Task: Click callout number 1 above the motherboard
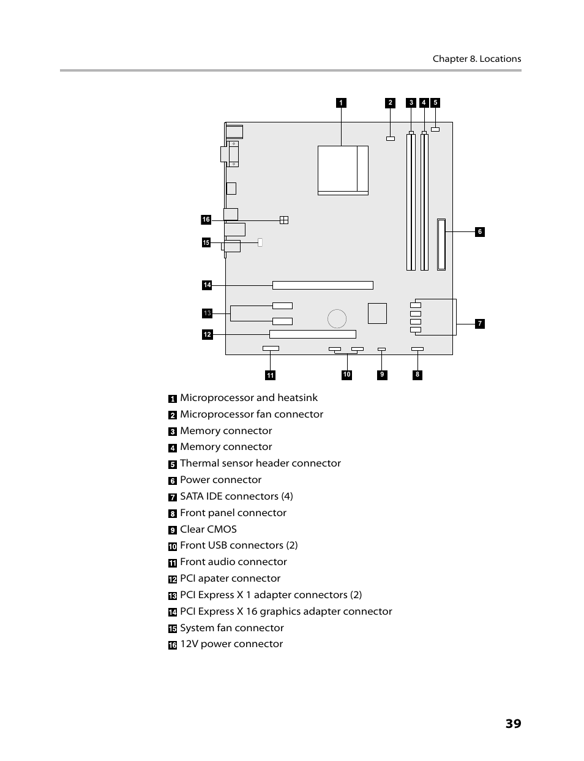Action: coord(341,103)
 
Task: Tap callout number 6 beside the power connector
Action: coord(480,231)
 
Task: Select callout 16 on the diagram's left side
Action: coord(206,220)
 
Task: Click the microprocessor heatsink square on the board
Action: coord(342,170)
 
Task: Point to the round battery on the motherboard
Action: coord(337,318)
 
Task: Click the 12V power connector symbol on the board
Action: coord(283,220)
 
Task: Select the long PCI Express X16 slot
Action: coord(323,285)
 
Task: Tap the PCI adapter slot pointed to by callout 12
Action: coord(312,334)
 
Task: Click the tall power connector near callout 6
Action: coord(441,244)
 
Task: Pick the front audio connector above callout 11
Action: coord(271,349)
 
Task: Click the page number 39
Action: coord(513,724)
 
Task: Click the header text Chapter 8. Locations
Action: coord(476,59)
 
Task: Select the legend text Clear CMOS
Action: coord(208,529)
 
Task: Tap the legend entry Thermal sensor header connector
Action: coord(260,463)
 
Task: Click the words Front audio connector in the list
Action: coord(233,562)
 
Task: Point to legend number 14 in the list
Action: coord(173,612)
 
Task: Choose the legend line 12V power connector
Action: coord(231,644)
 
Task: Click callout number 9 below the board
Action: coord(382,375)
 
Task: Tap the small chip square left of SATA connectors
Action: coord(377,313)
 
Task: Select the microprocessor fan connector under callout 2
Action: coord(390,138)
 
